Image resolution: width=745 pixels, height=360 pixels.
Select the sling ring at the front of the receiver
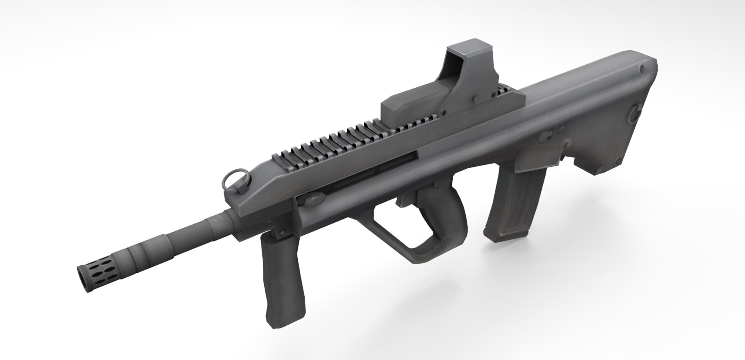[x=232, y=180]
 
